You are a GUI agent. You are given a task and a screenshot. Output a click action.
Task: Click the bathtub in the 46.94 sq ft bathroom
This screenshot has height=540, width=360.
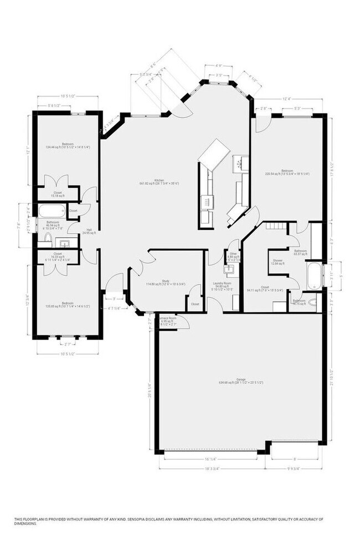(x=51, y=210)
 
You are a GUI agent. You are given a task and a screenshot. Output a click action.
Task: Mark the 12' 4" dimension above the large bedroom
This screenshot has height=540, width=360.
(x=287, y=100)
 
